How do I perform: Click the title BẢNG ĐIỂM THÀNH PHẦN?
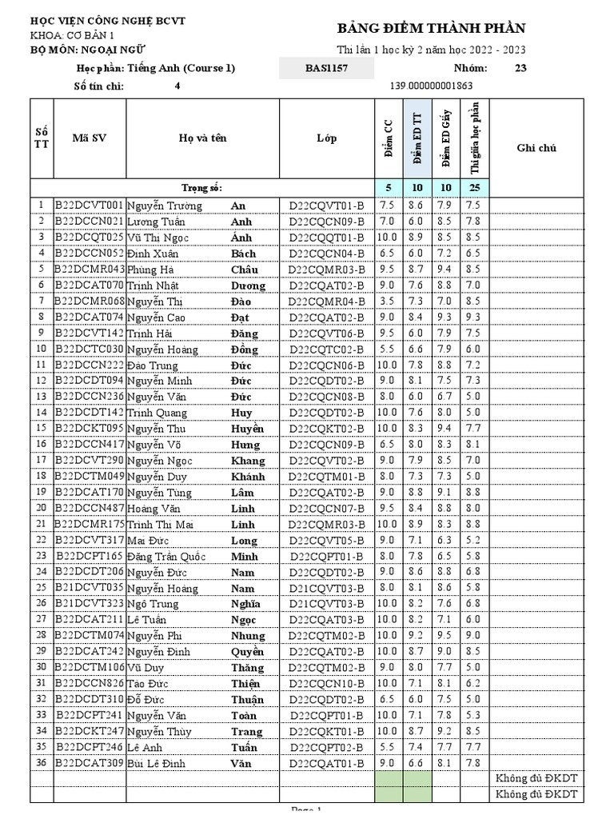(432, 29)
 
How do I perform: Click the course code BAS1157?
(326, 68)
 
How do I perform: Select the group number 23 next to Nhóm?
(520, 68)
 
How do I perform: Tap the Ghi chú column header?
(536, 148)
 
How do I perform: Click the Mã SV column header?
(89, 138)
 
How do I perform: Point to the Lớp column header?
(326, 138)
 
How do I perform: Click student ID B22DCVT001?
(89, 206)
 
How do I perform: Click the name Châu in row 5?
(244, 270)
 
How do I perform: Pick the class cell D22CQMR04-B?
(326, 302)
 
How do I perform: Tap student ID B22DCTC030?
(89, 350)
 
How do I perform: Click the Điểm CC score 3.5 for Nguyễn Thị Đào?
(387, 302)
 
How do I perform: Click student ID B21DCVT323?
(89, 603)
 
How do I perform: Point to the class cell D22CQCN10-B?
(326, 683)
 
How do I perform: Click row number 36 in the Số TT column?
(41, 763)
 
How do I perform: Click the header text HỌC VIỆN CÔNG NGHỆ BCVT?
(107, 21)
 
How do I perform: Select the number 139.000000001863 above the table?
(431, 86)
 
